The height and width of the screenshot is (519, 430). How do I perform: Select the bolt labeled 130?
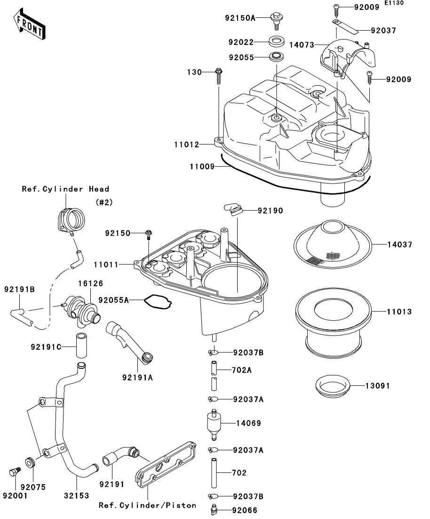(x=219, y=75)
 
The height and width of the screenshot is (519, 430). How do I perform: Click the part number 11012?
(x=186, y=144)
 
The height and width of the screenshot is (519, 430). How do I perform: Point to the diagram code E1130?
(x=394, y=3)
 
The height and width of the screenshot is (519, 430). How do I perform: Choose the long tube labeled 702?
(x=215, y=472)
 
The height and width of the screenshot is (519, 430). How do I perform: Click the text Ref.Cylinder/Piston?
(x=147, y=505)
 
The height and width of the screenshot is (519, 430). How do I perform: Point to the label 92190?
(x=270, y=211)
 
